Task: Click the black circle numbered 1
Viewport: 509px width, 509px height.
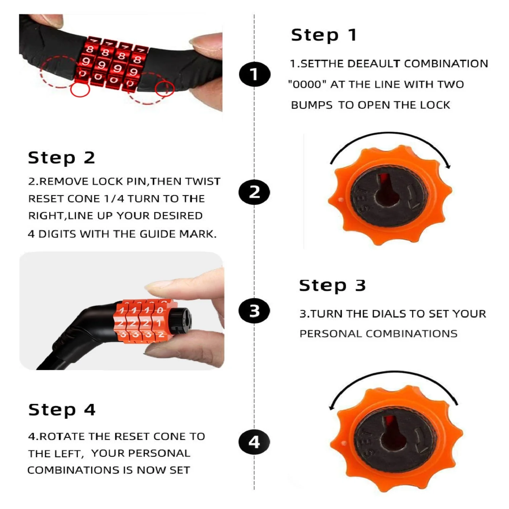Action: coord(254,74)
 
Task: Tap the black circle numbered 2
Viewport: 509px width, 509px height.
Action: coord(254,192)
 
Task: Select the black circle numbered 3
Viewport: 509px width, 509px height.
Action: coord(254,311)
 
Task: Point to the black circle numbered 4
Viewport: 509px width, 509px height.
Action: coord(254,442)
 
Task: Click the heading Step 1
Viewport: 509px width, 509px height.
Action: coord(324,35)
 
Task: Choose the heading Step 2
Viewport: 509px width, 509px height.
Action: coord(61,158)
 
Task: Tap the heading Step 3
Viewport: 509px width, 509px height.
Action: coord(333,286)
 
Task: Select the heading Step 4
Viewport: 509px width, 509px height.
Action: coord(62,410)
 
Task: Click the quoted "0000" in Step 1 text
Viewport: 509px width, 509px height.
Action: coord(307,84)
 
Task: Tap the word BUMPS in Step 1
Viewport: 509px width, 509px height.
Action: coord(312,105)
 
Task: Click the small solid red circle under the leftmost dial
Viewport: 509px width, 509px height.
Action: coord(80,90)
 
